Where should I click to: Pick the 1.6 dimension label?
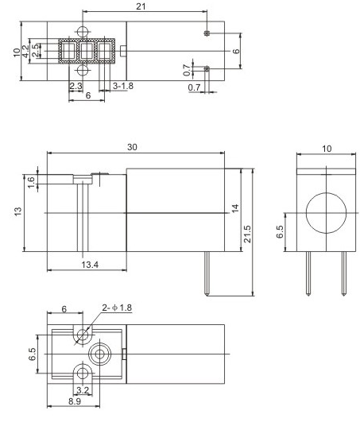pos(31,181)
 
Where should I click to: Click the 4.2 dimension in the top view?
pos(26,51)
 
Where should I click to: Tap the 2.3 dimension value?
pos(76,85)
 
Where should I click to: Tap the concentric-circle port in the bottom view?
pos(102,352)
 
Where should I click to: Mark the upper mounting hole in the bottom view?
pos(82,335)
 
